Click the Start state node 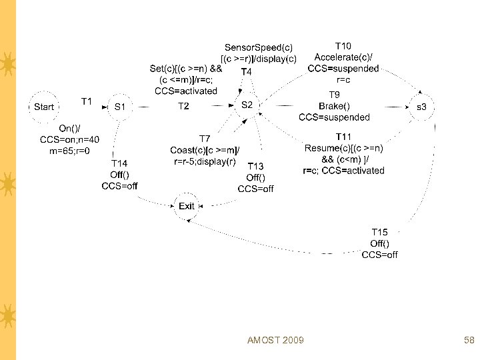click(44, 107)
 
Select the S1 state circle click(120, 107)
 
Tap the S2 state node click(247, 105)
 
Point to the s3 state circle click(421, 107)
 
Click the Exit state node click(187, 206)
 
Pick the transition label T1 click(87, 101)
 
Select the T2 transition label click(183, 107)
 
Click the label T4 click(246, 71)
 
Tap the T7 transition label click(205, 139)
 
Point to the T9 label click(335, 95)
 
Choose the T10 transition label click(343, 46)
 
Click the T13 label click(256, 166)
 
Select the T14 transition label click(119, 163)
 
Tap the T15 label click(379, 232)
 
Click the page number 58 click(469, 341)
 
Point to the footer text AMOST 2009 click(275, 341)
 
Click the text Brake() click(335, 106)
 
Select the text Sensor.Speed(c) click(258, 47)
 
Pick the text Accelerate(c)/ click(343, 57)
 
